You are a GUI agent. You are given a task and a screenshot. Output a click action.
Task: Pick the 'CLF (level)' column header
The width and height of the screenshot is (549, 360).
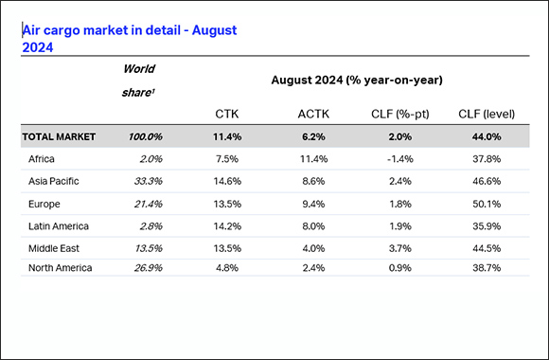[487, 115]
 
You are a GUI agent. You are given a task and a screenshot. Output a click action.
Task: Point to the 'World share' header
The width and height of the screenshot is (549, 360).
[139, 80]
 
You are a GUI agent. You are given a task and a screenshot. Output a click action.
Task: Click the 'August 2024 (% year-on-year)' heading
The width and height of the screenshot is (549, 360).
[357, 81]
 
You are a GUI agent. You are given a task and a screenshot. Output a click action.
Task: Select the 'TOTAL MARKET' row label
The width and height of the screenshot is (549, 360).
[59, 137]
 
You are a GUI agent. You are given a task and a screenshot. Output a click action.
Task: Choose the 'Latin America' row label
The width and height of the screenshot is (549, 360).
[61, 225]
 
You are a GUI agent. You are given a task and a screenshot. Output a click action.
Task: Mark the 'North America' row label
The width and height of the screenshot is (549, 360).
[61, 268]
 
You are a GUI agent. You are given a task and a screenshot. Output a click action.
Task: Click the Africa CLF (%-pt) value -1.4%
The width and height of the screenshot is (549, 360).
[398, 159]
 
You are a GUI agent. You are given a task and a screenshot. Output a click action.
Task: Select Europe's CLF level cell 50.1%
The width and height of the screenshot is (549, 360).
[486, 204]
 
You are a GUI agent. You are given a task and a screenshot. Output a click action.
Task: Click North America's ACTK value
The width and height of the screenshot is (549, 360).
[313, 268]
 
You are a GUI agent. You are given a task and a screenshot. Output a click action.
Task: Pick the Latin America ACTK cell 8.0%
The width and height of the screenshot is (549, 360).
[313, 225]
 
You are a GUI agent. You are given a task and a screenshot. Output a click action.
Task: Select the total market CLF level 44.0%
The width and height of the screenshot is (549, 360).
[486, 137]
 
